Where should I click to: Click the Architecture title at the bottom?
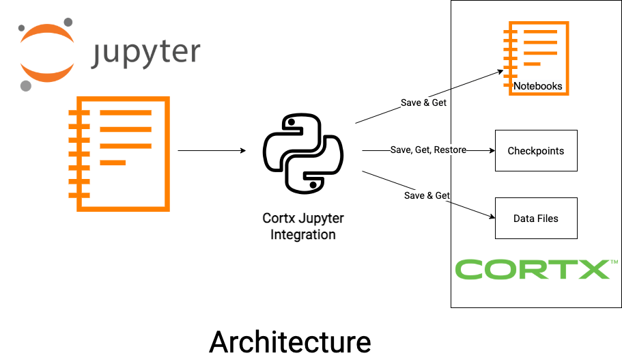289,342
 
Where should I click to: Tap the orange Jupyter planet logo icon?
46,53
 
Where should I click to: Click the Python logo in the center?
302,152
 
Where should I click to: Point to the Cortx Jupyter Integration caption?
303,226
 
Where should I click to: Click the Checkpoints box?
535,150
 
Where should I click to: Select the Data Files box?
535,219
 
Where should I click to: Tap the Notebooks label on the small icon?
538,86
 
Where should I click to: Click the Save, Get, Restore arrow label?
429,150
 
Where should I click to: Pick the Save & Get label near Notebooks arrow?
423,103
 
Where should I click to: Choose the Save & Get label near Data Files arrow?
427,195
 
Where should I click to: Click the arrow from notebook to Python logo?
212,150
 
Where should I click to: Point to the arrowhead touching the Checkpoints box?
490,150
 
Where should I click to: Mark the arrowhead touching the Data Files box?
490,217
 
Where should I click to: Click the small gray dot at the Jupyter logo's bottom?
26,85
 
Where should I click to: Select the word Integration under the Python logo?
303,234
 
